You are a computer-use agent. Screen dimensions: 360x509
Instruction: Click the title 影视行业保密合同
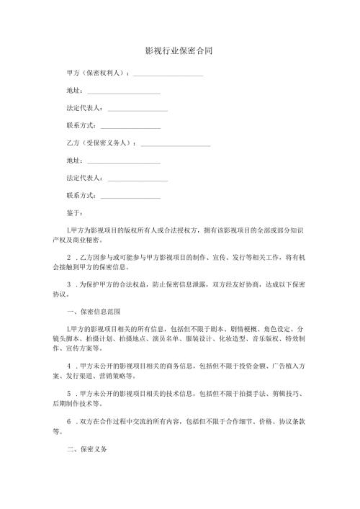[x=179, y=52]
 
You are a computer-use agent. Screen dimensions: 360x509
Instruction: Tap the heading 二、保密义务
[x=86, y=448]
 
